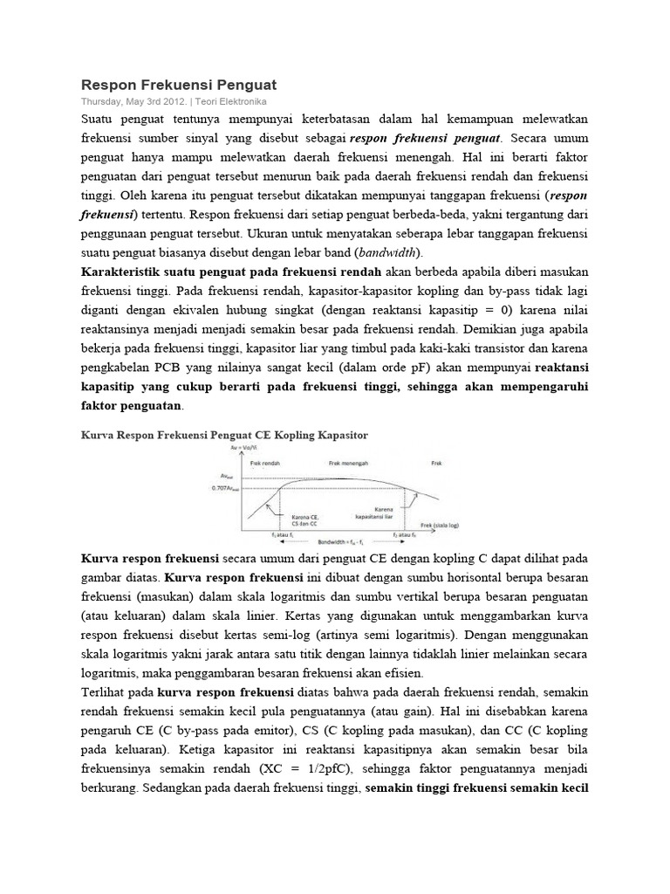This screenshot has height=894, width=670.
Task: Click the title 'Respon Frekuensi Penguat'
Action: click(x=179, y=85)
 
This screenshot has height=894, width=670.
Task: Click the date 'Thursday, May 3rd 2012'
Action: click(x=131, y=101)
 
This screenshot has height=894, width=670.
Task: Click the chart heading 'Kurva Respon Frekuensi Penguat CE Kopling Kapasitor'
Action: click(x=225, y=433)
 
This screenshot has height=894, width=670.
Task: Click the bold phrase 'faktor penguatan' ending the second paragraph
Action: click(x=131, y=405)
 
